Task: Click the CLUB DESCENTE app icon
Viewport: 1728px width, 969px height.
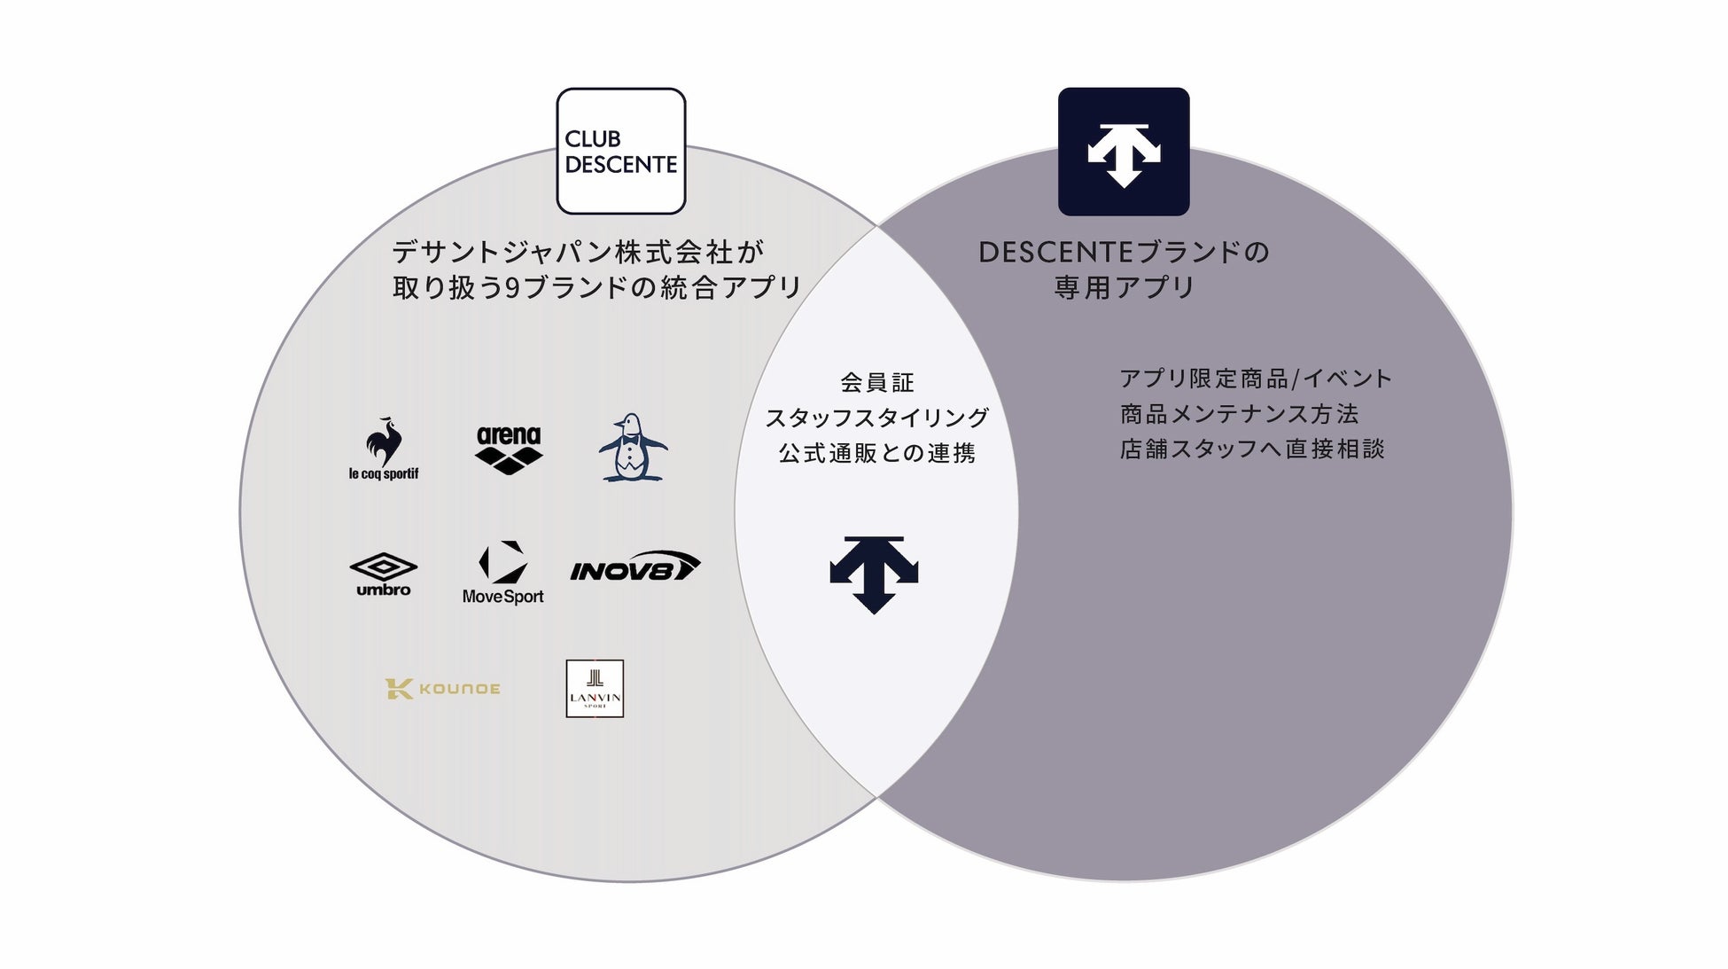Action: [x=621, y=151]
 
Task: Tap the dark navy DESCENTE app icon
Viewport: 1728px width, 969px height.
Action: [x=1124, y=151]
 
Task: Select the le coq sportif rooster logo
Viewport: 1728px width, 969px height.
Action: [x=384, y=449]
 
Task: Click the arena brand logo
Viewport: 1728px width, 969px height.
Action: [x=509, y=449]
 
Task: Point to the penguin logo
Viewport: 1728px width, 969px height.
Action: [x=631, y=448]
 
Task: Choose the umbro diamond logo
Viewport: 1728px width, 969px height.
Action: [x=384, y=574]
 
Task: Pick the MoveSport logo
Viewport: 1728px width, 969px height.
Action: [x=503, y=573]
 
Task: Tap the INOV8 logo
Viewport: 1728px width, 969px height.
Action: [x=634, y=567]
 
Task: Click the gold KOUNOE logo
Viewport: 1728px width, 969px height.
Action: [x=442, y=689]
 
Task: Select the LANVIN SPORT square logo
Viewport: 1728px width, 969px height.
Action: [x=595, y=689]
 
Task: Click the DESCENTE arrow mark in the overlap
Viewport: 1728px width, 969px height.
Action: [x=874, y=574]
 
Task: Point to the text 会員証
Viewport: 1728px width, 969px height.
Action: [x=877, y=383]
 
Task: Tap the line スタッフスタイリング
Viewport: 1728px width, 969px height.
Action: [x=877, y=418]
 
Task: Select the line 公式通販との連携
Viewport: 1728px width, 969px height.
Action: [x=877, y=453]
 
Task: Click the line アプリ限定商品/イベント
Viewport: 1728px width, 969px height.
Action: [x=1256, y=379]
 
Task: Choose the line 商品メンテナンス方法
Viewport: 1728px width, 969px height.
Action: [x=1239, y=414]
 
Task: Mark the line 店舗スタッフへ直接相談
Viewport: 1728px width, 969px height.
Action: [x=1252, y=449]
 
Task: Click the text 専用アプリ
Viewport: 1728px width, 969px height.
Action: [x=1125, y=287]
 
